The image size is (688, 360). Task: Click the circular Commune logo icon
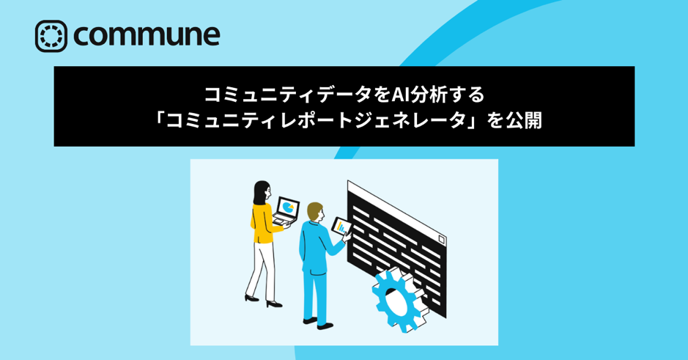click(x=51, y=36)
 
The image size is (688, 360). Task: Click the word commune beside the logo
click(x=147, y=34)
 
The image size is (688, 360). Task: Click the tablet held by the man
click(x=342, y=226)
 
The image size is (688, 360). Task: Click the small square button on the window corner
click(x=440, y=240)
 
